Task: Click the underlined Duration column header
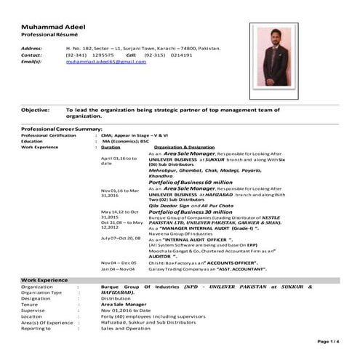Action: [x=111, y=147]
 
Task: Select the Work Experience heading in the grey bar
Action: [x=44, y=279]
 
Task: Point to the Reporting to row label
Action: [x=39, y=328]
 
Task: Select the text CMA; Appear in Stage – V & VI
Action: [x=134, y=135]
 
